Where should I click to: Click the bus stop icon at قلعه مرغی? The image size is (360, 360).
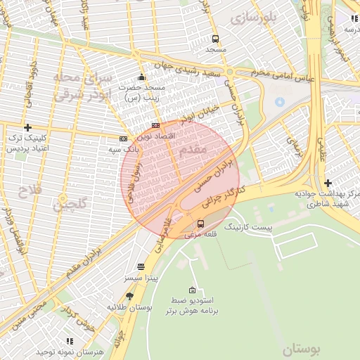[201, 224]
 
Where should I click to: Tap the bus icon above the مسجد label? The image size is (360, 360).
[215, 39]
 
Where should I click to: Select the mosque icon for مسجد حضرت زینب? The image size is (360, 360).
[141, 77]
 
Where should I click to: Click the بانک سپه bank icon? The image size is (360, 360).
[124, 139]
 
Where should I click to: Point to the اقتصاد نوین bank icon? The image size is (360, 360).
[155, 125]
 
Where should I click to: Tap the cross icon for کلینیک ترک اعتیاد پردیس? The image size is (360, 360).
[27, 127]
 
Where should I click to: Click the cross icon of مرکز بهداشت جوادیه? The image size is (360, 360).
[328, 183]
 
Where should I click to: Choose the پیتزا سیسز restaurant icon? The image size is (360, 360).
[141, 267]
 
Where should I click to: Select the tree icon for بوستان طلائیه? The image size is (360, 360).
[129, 297]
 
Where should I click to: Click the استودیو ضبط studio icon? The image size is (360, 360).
[192, 290]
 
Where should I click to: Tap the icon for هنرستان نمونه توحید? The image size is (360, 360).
[69, 341]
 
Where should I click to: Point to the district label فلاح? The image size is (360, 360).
[30, 191]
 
